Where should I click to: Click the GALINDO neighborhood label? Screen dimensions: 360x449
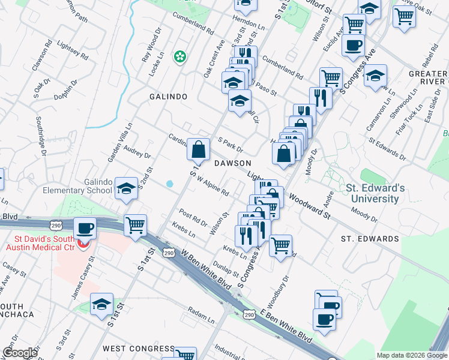169,97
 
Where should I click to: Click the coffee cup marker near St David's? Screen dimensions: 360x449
85,228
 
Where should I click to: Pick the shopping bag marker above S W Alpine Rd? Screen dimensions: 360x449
198,148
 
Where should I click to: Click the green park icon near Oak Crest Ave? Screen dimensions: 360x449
179,57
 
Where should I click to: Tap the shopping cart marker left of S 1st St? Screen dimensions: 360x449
136,226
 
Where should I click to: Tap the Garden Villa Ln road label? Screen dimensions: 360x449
119,143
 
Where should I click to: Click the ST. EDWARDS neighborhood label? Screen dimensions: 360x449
370,239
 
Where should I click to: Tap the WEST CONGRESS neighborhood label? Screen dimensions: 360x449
138,349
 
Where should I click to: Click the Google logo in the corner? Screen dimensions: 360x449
20,353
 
